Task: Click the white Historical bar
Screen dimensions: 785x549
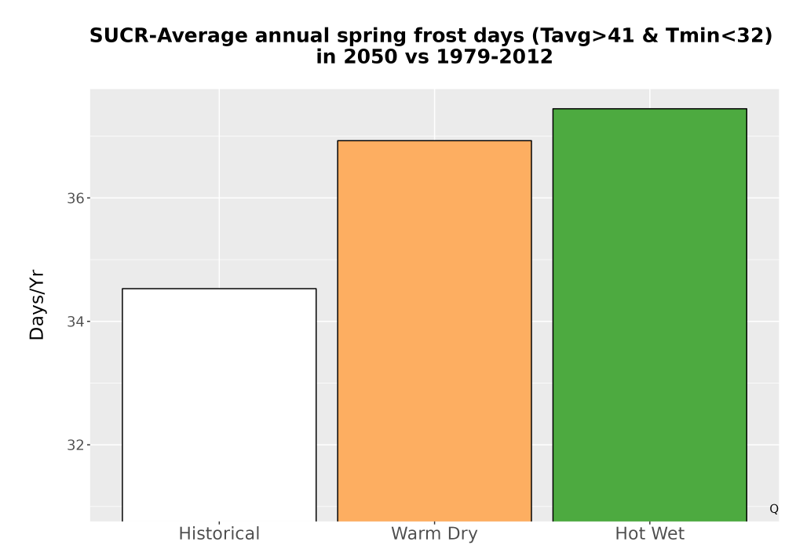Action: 219,405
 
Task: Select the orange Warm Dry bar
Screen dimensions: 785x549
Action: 435,331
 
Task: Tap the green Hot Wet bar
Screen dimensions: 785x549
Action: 650,315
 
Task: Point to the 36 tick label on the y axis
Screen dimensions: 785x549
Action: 75,198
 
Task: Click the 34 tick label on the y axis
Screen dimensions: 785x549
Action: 75,322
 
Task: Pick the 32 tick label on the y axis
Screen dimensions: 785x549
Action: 75,445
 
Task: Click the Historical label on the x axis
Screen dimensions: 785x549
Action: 219,533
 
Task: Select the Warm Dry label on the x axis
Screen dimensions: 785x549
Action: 435,534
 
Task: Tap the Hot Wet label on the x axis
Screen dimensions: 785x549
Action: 650,533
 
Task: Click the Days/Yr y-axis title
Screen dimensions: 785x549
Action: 37,306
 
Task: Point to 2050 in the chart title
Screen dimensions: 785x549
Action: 363,56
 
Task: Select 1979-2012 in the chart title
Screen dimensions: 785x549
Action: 495,56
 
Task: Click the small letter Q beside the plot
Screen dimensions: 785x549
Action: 774,509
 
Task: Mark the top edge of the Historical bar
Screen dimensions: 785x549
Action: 219,289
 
